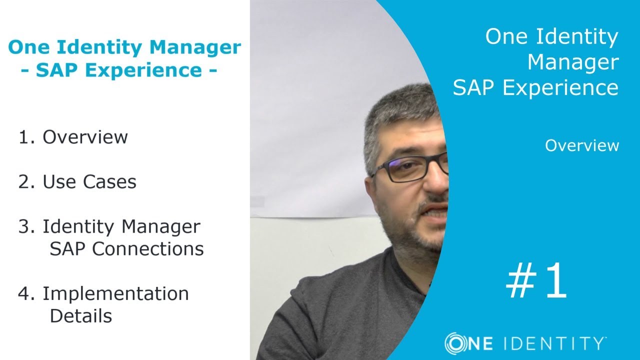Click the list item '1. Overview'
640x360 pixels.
(73, 137)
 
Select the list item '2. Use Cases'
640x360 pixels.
(77, 182)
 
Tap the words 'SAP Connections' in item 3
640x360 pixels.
(126, 248)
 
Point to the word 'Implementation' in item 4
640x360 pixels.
(115, 293)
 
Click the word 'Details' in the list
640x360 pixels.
(80, 316)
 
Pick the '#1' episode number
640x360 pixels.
(536, 281)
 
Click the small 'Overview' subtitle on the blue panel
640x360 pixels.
(582, 145)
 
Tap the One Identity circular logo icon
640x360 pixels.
(455, 343)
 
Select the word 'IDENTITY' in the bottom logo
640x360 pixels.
(553, 344)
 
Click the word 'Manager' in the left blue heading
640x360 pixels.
(195, 48)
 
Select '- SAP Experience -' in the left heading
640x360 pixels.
(119, 70)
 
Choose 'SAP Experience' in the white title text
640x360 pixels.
(535, 88)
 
